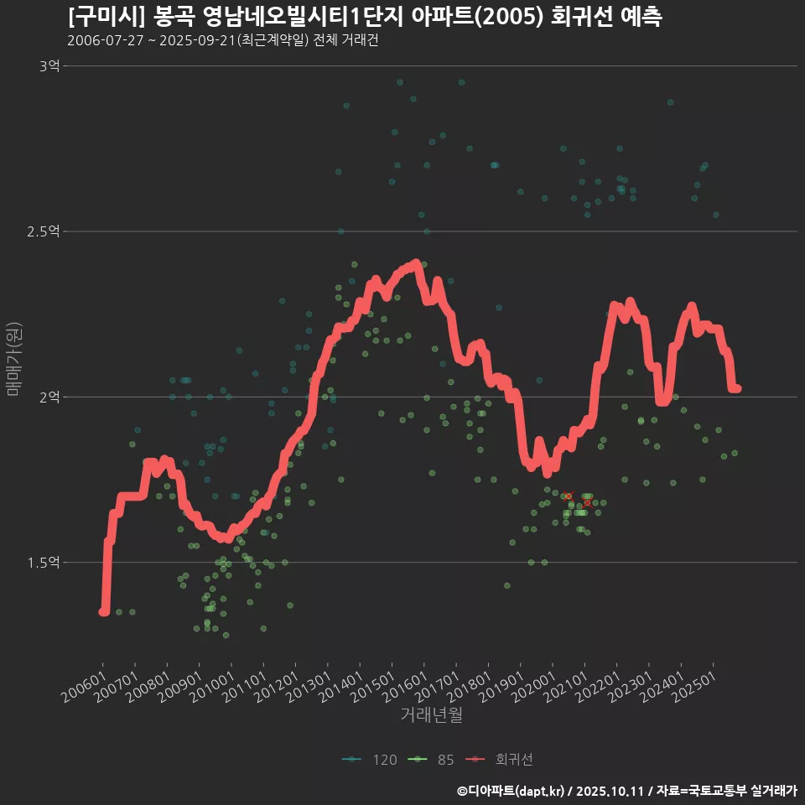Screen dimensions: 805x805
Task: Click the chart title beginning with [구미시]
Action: click(365, 17)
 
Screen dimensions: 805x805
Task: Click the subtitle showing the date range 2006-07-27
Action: click(222, 40)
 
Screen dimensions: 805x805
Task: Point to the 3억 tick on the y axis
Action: click(49, 65)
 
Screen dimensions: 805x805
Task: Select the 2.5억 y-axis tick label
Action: click(43, 231)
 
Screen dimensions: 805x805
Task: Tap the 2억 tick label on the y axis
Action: click(49, 397)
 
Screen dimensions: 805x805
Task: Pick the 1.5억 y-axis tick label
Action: click(43, 562)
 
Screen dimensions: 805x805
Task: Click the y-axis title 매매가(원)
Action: click(13, 360)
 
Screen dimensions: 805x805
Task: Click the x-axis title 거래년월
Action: click(432, 715)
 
